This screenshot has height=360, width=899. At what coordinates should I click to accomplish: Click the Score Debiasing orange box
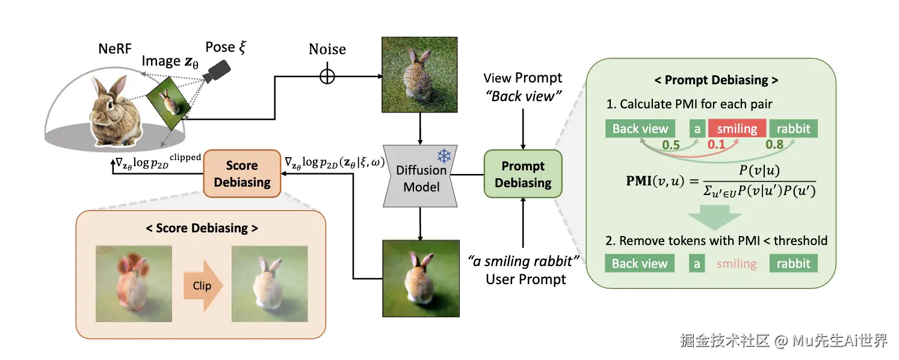[x=242, y=174]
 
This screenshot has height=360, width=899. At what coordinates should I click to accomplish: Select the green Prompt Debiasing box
[x=523, y=174]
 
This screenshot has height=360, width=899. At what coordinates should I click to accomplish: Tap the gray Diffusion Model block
[x=421, y=179]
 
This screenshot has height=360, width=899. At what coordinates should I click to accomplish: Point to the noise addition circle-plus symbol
[x=327, y=77]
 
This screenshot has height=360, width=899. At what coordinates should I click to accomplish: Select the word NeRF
[x=115, y=49]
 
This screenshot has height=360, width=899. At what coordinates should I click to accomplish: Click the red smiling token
[x=737, y=128]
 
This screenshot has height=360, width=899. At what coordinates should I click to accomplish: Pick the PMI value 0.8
[x=775, y=145]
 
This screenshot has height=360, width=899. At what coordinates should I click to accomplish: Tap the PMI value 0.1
[x=717, y=145]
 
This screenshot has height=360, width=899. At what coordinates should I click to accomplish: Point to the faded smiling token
[x=737, y=263]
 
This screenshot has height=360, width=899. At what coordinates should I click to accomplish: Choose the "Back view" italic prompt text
[x=523, y=96]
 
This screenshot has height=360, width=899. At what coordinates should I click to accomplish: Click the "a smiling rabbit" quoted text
[x=524, y=262]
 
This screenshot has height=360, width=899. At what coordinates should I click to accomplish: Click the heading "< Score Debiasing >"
[x=201, y=228]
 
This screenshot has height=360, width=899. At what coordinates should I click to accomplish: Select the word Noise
[x=327, y=49]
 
